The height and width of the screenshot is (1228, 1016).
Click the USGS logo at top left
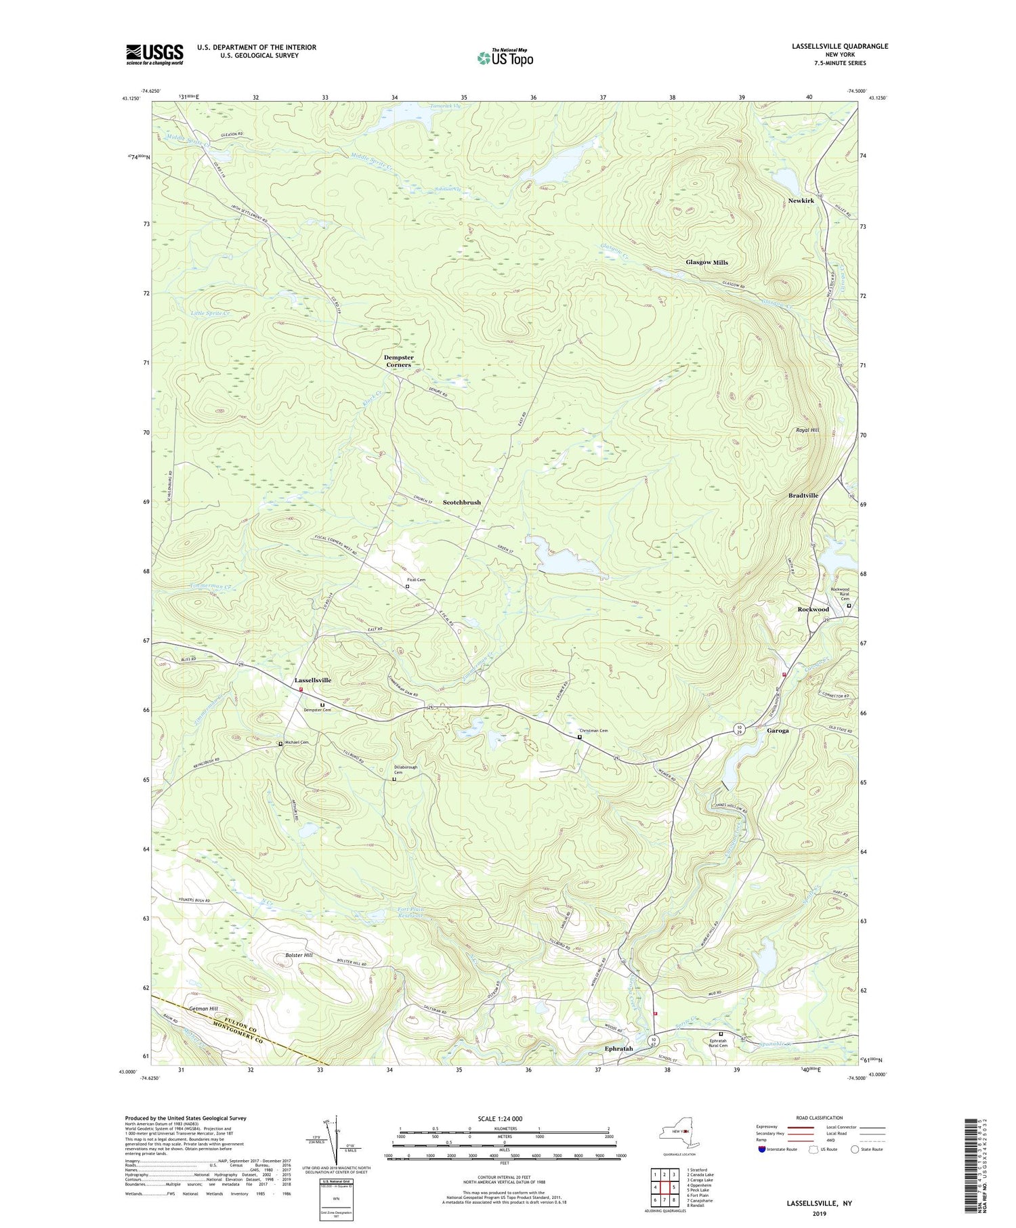[154, 54]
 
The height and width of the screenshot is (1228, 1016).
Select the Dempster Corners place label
[398, 361]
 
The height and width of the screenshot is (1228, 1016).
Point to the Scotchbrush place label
[461, 503]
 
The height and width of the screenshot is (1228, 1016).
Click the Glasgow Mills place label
[706, 262]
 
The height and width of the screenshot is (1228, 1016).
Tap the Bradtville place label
[803, 495]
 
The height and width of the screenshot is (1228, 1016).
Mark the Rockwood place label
[813, 609]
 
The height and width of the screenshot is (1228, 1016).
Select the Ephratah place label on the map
[618, 1049]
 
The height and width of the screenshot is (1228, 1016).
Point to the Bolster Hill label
[298, 955]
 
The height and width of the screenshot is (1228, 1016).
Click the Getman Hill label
[204, 1009]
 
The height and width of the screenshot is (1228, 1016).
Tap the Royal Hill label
[807, 430]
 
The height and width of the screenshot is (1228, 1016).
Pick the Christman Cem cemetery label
[593, 731]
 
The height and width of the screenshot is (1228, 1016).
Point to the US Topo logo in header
[505, 58]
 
